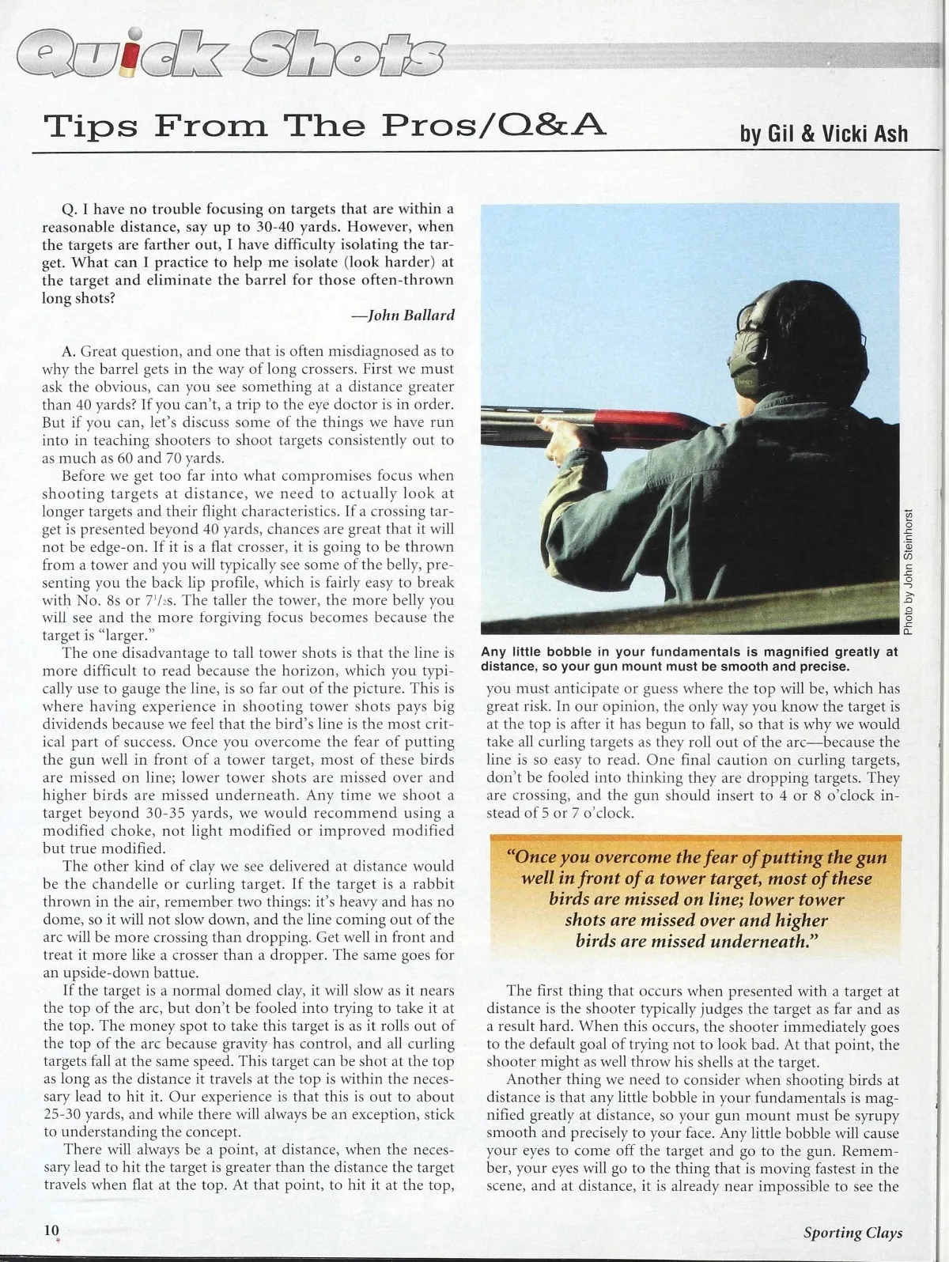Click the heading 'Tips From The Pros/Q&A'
[x=325, y=125]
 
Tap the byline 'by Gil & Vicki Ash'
[x=823, y=134]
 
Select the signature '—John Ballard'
[x=403, y=315]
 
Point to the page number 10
[x=51, y=1230]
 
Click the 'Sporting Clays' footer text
[x=853, y=1232]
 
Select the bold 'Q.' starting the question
[x=69, y=210]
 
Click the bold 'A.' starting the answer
[x=69, y=350]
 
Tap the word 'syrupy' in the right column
[x=875, y=1115]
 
